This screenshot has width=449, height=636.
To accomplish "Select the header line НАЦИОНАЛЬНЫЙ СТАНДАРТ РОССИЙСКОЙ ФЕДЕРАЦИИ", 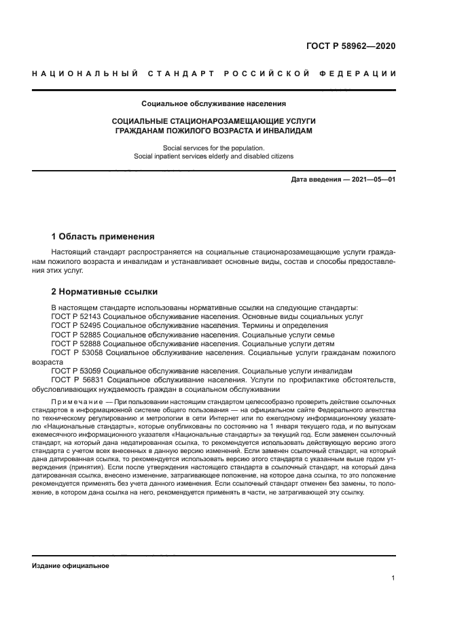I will pyautogui.click(x=214, y=73).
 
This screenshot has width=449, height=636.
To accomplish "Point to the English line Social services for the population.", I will pyautogui.click(x=214, y=147).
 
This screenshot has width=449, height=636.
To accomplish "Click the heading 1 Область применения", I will pyautogui.click(x=103, y=237).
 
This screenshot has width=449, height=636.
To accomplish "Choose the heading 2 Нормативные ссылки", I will pyautogui.click(x=105, y=292).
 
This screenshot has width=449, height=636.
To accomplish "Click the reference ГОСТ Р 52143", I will pyautogui.click(x=75, y=317).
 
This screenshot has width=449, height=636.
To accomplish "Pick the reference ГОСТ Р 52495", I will pyautogui.click(x=75, y=326).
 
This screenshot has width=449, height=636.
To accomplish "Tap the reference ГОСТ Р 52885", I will pyautogui.click(x=75, y=335).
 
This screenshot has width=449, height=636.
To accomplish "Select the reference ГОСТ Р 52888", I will pyautogui.click(x=75, y=344).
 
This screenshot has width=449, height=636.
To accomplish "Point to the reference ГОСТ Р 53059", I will pyautogui.click(x=75, y=371).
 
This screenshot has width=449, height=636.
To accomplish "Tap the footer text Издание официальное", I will pyautogui.click(x=70, y=566).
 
